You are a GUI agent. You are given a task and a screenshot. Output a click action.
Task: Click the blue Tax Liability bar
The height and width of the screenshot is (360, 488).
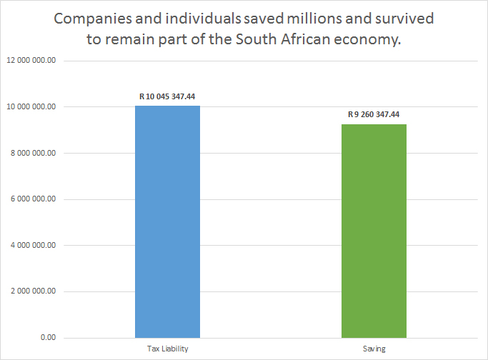[167, 221]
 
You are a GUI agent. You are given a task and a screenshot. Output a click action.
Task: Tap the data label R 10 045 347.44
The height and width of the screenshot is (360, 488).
[167, 96]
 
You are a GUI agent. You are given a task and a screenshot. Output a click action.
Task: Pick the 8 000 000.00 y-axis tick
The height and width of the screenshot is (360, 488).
[33, 153]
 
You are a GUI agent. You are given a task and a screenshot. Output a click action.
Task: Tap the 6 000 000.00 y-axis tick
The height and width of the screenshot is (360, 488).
[33, 199]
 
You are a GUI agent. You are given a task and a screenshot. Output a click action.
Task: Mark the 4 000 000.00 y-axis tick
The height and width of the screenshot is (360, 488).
[33, 245]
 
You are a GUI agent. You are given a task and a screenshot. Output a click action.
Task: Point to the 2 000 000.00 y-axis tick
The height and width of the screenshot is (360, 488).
[33, 291]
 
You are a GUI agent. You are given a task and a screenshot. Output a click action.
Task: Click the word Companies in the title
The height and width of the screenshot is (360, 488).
[91, 19]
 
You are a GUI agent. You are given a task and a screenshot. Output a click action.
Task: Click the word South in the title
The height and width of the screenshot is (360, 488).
[247, 40]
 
